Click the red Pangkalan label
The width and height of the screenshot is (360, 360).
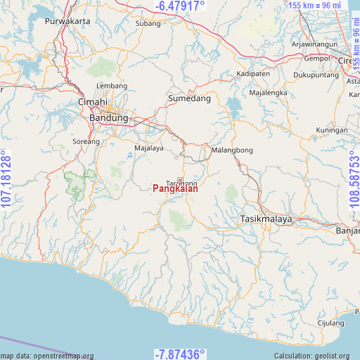175,188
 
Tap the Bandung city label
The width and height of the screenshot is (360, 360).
109,118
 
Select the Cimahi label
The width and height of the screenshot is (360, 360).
92,103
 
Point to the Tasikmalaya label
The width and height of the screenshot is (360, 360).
266,219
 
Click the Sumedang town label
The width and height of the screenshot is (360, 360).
189,99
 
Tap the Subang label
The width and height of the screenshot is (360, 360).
148,23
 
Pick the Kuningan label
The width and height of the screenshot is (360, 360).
332,131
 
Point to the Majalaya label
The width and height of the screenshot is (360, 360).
149,148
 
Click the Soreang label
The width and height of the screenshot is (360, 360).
87,143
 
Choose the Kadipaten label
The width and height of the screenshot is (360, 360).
253,74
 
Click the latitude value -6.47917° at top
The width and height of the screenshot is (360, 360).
179,6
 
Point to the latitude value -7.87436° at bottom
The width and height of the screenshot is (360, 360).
179,354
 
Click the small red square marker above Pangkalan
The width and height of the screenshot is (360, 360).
180,181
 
